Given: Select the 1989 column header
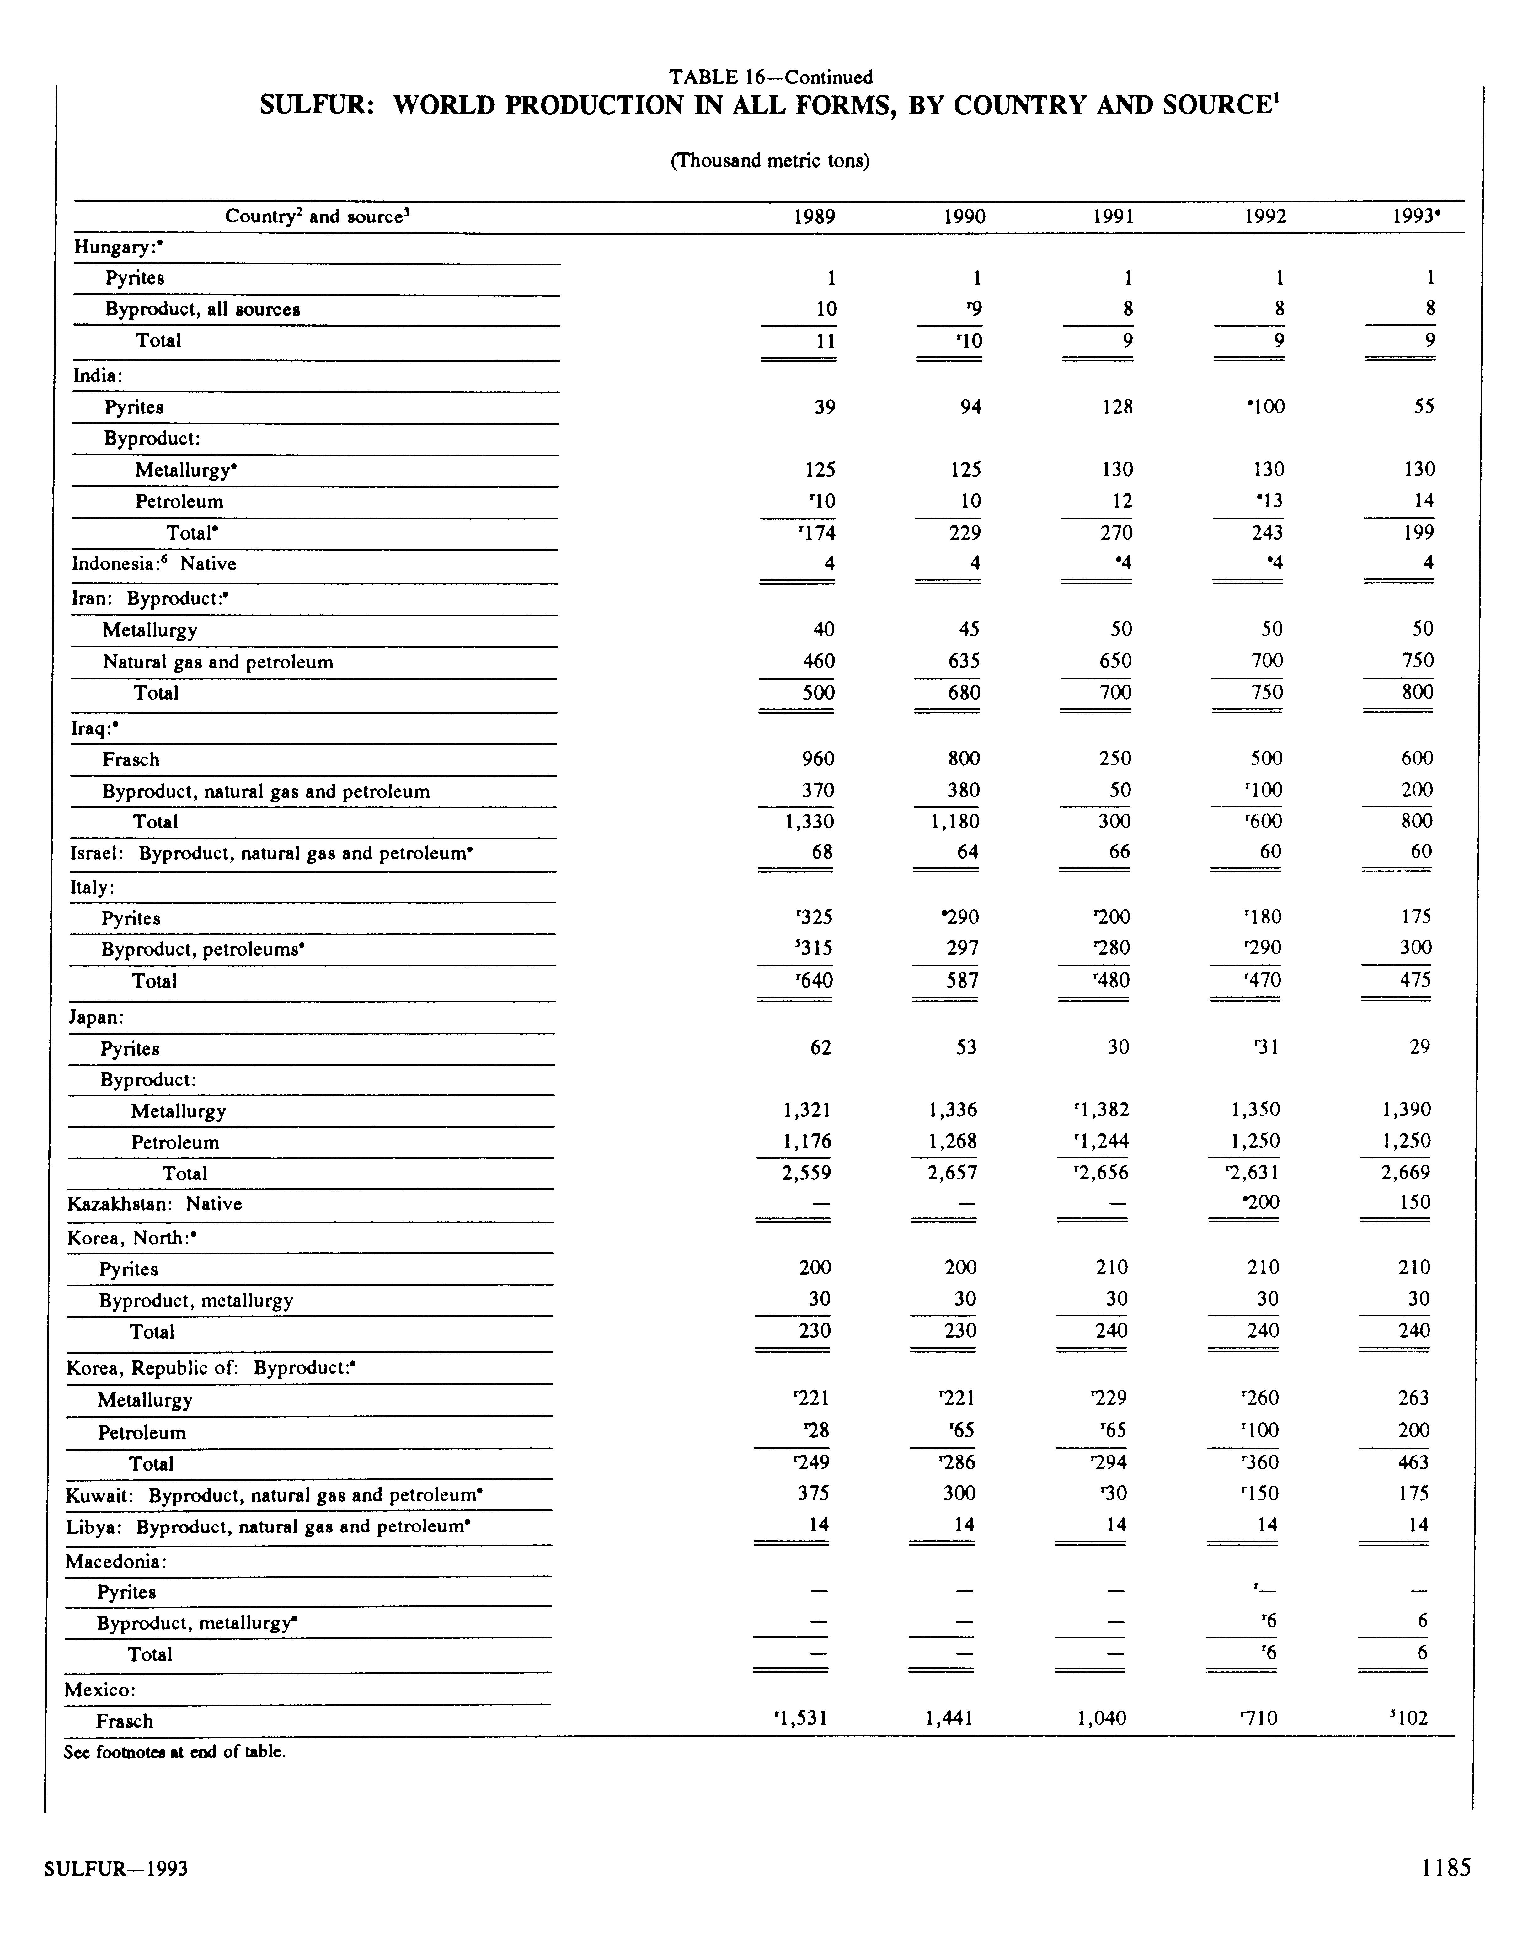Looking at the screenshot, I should pyautogui.click(x=814, y=217).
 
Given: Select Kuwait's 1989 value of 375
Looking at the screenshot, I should pyautogui.click(x=813, y=1493).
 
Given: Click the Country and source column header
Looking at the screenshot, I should pyautogui.click(x=317, y=217).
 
